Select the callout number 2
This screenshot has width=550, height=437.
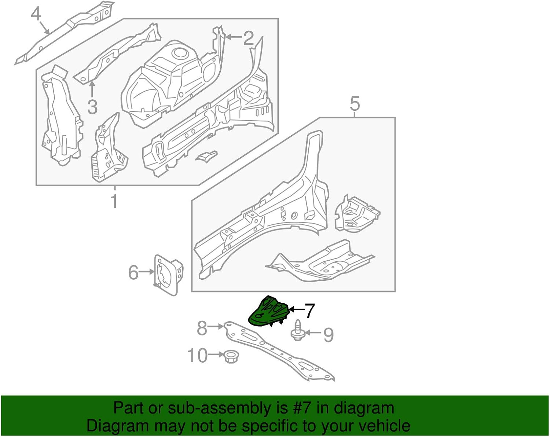point(249,38)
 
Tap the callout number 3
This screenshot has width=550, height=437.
point(92,107)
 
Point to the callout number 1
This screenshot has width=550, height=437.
point(114,201)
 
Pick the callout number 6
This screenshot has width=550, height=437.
point(133,272)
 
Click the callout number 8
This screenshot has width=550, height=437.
point(202,328)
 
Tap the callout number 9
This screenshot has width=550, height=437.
point(328,335)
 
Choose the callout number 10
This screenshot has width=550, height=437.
point(198,355)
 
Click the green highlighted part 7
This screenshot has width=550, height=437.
point(269,312)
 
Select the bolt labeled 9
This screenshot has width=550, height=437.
point(298,331)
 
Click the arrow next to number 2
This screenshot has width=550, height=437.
point(233,37)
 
